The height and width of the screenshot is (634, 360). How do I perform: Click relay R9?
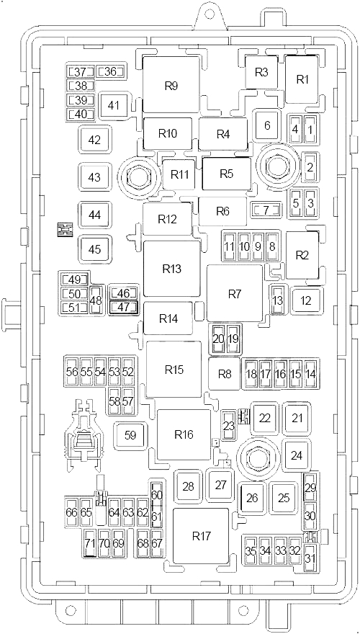coord(171,84)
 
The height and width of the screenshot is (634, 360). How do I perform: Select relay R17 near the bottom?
coord(201,536)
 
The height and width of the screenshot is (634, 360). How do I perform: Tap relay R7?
coord(235,293)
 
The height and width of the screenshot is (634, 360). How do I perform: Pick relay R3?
coord(262,72)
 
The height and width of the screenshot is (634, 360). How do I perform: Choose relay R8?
coord(224,374)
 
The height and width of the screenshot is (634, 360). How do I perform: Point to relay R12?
coord(167,219)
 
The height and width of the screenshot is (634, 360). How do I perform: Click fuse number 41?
coord(114,106)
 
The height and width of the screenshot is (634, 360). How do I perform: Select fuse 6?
coord(267,125)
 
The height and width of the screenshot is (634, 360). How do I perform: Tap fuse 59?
coord(130,435)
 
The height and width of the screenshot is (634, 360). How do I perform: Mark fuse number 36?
coord(110,72)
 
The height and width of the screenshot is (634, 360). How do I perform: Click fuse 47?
coord(123,307)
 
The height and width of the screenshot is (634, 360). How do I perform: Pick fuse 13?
coord(277,300)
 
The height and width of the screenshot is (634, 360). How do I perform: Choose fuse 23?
coord(229,426)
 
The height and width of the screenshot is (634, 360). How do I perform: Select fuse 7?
coord(266,210)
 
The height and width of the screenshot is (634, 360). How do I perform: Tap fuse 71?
coord(91,543)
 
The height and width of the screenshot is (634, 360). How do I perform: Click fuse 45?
coord(94,249)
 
